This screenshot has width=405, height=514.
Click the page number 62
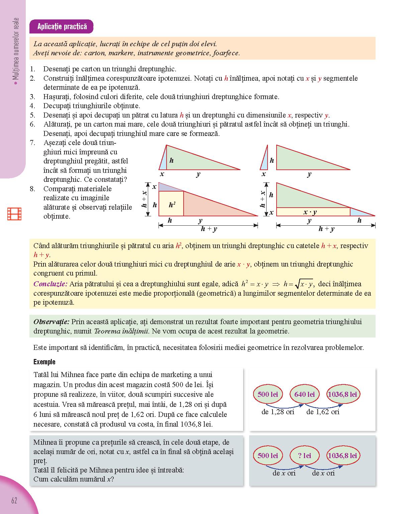click(14, 500)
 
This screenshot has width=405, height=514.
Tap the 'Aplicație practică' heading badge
click(62, 26)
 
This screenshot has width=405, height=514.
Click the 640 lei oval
click(304, 394)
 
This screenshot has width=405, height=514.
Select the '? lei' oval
click(304, 455)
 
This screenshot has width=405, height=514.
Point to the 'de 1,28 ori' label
click(278, 412)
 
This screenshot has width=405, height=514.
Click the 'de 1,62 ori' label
click(323, 412)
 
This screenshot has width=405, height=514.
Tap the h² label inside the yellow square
click(172, 205)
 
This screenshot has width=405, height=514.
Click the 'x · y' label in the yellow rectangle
click(310, 212)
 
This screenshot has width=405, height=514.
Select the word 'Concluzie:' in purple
click(50, 284)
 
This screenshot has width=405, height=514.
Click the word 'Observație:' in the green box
click(52, 322)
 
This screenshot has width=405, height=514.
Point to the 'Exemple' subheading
click(44, 362)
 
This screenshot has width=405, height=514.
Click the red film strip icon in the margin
click(14, 214)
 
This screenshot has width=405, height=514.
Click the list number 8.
click(32, 189)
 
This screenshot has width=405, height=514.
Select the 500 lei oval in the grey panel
click(268, 455)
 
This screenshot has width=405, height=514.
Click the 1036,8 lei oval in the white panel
click(342, 394)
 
